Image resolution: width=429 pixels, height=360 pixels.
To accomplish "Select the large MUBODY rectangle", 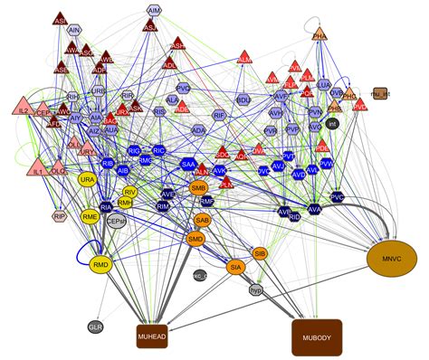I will coord(316,337).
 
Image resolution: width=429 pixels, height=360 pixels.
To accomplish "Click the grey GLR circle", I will coord(95,326).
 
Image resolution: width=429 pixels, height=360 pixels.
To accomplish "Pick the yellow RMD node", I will coord(101,265).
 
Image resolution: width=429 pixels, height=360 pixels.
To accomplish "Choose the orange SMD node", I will coord(195,240).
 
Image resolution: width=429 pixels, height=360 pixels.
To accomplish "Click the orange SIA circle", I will coord(235,268).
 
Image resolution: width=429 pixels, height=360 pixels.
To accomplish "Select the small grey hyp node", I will coord(256,289).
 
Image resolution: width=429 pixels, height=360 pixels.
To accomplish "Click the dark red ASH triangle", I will coord(178,43).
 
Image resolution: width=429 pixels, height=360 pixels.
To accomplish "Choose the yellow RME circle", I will coord(91,217).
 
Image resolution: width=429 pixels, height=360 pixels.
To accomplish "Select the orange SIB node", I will coord(260,253).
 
